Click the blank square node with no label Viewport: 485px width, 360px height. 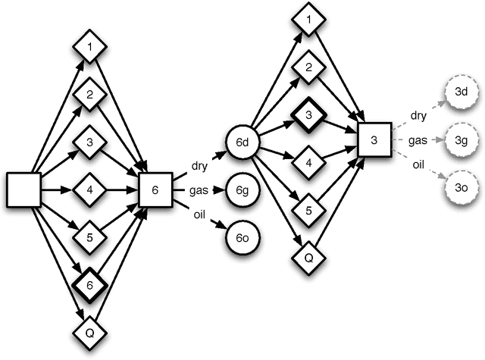pyautogui.click(x=23, y=189)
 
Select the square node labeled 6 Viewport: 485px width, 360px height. pyautogui.click(x=155, y=189)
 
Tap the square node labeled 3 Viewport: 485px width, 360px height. pyautogui.click(x=374, y=140)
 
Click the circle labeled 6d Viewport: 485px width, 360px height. pyautogui.click(x=242, y=142)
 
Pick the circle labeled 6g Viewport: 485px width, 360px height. pyautogui.click(x=242, y=189)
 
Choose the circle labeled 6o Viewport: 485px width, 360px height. pyautogui.click(x=242, y=238)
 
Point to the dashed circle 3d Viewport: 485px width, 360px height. pyautogui.click(x=461, y=92)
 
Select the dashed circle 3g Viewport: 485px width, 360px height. pyautogui.click(x=461, y=140)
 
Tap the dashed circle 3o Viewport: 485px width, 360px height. pyautogui.click(x=461, y=189)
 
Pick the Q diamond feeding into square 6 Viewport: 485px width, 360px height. pyautogui.click(x=89, y=330)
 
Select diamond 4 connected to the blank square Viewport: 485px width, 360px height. pyautogui.click(x=89, y=189)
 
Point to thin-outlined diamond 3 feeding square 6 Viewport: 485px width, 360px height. pyautogui.click(x=89, y=142)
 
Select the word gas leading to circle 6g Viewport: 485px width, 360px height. pyautogui.click(x=199, y=189)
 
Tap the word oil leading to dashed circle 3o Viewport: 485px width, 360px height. pyautogui.click(x=418, y=164)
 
